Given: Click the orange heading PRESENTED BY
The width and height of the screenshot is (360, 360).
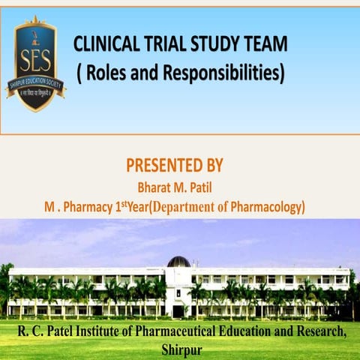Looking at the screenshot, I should pyautogui.click(x=175, y=165).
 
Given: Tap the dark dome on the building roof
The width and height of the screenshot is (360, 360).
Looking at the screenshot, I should pyautogui.click(x=178, y=262).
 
